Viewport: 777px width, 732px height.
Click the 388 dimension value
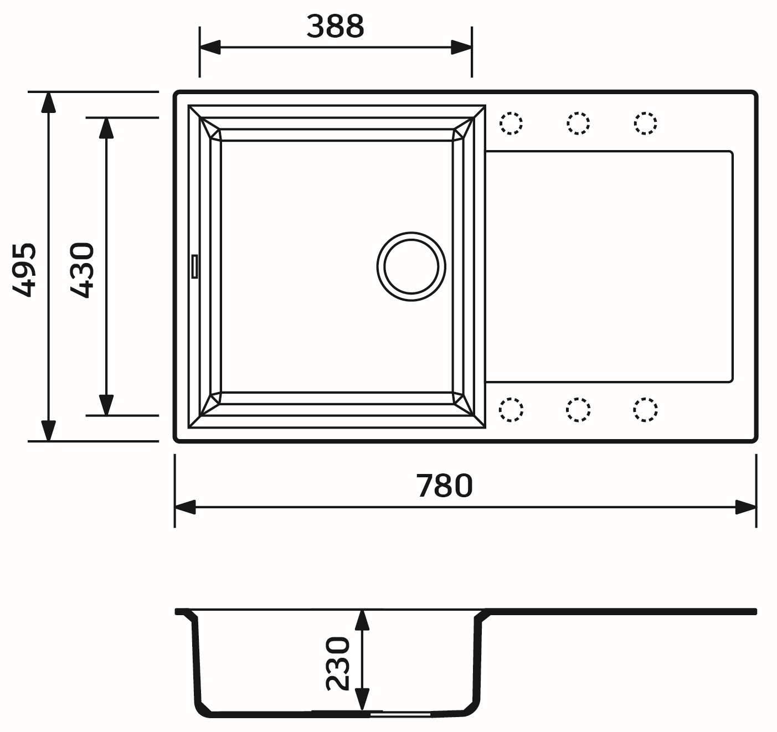335,27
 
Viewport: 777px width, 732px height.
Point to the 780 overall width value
444,486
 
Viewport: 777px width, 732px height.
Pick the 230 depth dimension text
338,663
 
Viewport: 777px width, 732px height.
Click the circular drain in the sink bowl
411,266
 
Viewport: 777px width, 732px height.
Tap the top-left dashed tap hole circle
511,123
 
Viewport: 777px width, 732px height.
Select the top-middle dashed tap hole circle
578,123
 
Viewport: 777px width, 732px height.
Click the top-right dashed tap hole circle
645,123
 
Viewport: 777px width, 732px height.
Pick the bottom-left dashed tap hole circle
511,410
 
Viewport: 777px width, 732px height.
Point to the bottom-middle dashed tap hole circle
578,410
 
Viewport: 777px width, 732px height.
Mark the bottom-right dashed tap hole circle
645,410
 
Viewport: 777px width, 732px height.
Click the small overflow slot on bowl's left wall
194,266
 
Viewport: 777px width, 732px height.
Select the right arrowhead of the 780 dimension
745,507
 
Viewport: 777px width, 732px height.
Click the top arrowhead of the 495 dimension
49,102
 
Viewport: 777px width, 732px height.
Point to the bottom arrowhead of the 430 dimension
106,404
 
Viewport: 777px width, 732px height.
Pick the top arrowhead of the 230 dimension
362,620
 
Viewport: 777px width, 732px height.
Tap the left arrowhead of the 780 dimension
186,507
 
